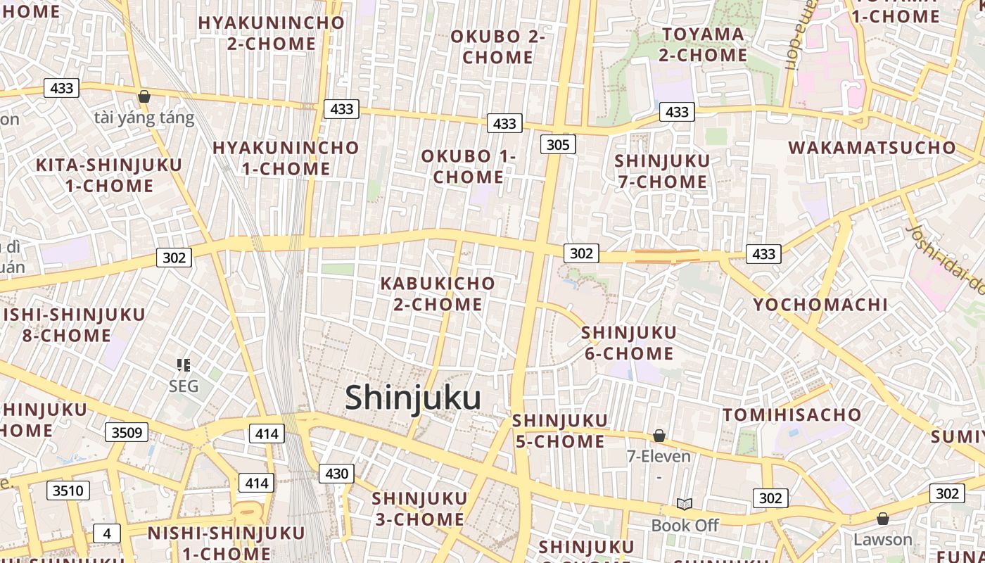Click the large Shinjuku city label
click(x=413, y=398)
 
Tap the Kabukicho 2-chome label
click(x=438, y=294)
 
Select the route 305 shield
click(x=558, y=145)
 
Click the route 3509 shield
click(x=127, y=432)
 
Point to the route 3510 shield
click(x=68, y=491)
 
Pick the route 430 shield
click(x=336, y=474)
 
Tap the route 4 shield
click(x=107, y=533)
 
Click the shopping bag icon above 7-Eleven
click(x=659, y=436)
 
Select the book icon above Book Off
click(x=685, y=504)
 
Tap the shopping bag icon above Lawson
click(x=883, y=519)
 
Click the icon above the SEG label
click(x=184, y=365)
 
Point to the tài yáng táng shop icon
click(x=144, y=96)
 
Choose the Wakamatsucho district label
click(x=872, y=148)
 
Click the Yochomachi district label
click(x=820, y=305)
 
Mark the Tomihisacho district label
click(x=792, y=415)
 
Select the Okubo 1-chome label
click(x=469, y=167)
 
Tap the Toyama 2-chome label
click(x=704, y=44)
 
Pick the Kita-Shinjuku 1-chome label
click(x=109, y=175)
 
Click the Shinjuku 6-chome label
click(x=629, y=342)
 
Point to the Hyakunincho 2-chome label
click(x=272, y=33)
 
